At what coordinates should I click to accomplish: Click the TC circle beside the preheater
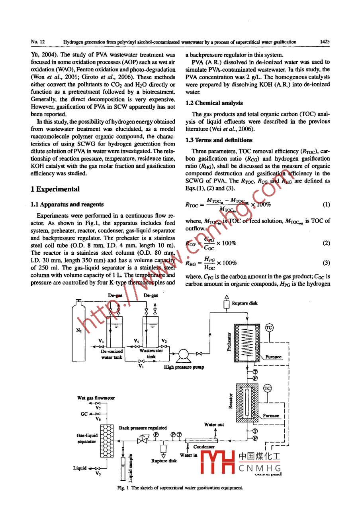[270, 327]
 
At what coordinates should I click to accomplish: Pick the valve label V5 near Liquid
[98, 474]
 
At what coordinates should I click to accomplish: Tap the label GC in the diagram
[84, 414]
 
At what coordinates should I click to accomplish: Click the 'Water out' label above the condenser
[214, 425]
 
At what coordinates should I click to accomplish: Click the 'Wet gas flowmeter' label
[96, 398]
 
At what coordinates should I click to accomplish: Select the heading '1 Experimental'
[55, 189]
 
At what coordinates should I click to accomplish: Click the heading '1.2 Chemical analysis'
[214, 103]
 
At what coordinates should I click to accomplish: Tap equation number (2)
[326, 243]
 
